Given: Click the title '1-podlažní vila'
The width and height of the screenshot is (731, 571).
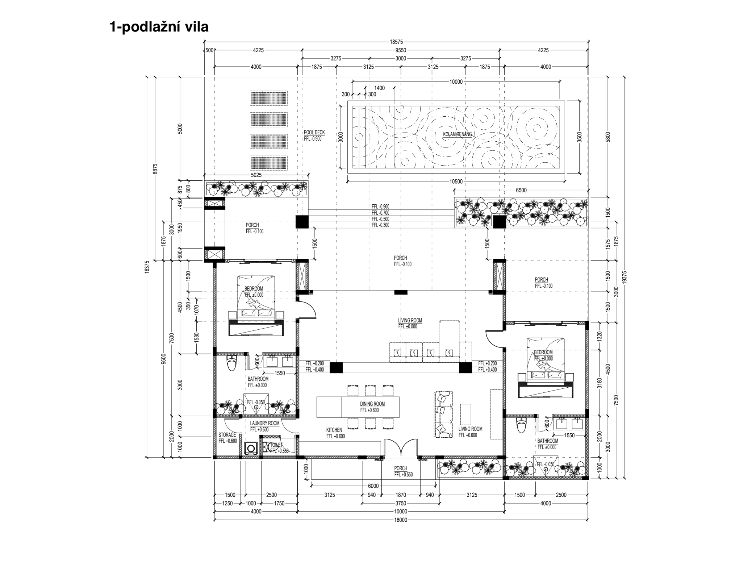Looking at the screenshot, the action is [159, 27].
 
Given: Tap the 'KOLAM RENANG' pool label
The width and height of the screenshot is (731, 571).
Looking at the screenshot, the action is [458, 134].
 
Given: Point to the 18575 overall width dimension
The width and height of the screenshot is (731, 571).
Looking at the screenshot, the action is [396, 42].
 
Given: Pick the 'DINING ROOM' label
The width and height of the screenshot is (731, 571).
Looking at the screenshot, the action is [372, 404].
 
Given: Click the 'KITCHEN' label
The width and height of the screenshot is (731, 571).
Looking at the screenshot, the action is [334, 430].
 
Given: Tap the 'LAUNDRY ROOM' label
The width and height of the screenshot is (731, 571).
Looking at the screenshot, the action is [264, 423].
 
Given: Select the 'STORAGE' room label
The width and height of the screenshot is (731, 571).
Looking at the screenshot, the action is [227, 435].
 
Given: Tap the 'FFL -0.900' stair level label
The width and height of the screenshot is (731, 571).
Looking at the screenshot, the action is [380, 207].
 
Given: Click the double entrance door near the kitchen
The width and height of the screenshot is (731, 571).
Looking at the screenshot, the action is [401, 447].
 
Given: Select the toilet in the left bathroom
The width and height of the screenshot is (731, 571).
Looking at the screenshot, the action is [231, 363].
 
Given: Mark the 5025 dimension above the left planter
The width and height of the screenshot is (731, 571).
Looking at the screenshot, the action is [256, 175].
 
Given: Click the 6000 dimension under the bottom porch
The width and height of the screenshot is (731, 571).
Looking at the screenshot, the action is [373, 486].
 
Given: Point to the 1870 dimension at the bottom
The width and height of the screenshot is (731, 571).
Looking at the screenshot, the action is [401, 495].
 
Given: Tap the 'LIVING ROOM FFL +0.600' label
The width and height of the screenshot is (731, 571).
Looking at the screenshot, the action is [471, 432].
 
